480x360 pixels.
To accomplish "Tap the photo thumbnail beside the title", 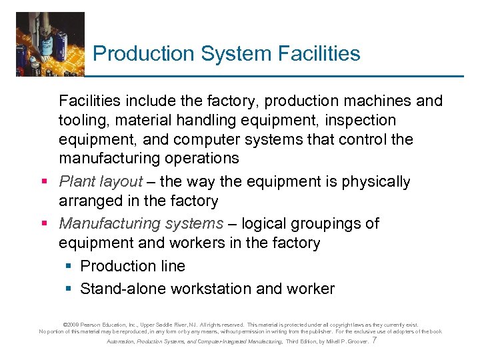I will point(50,43).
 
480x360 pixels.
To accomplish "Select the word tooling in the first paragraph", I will point(82,121).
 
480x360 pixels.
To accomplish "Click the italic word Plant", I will point(77,181).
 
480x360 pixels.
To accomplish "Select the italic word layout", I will point(121,182).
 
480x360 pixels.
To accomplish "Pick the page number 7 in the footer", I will point(375,341).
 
